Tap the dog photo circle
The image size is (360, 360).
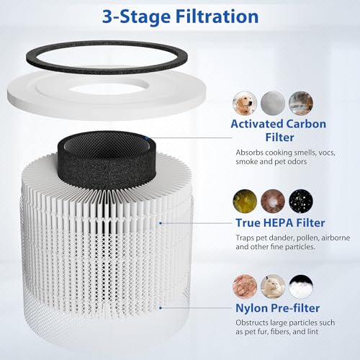tap(244, 102)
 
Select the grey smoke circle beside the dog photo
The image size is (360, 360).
tap(271, 102)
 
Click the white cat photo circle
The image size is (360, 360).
tap(271, 286)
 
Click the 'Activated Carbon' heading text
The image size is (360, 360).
tap(279, 124)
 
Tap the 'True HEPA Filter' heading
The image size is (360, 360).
tap(279, 222)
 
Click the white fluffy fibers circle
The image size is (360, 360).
tap(300, 286)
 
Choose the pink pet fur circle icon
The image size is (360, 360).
tap(244, 286)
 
